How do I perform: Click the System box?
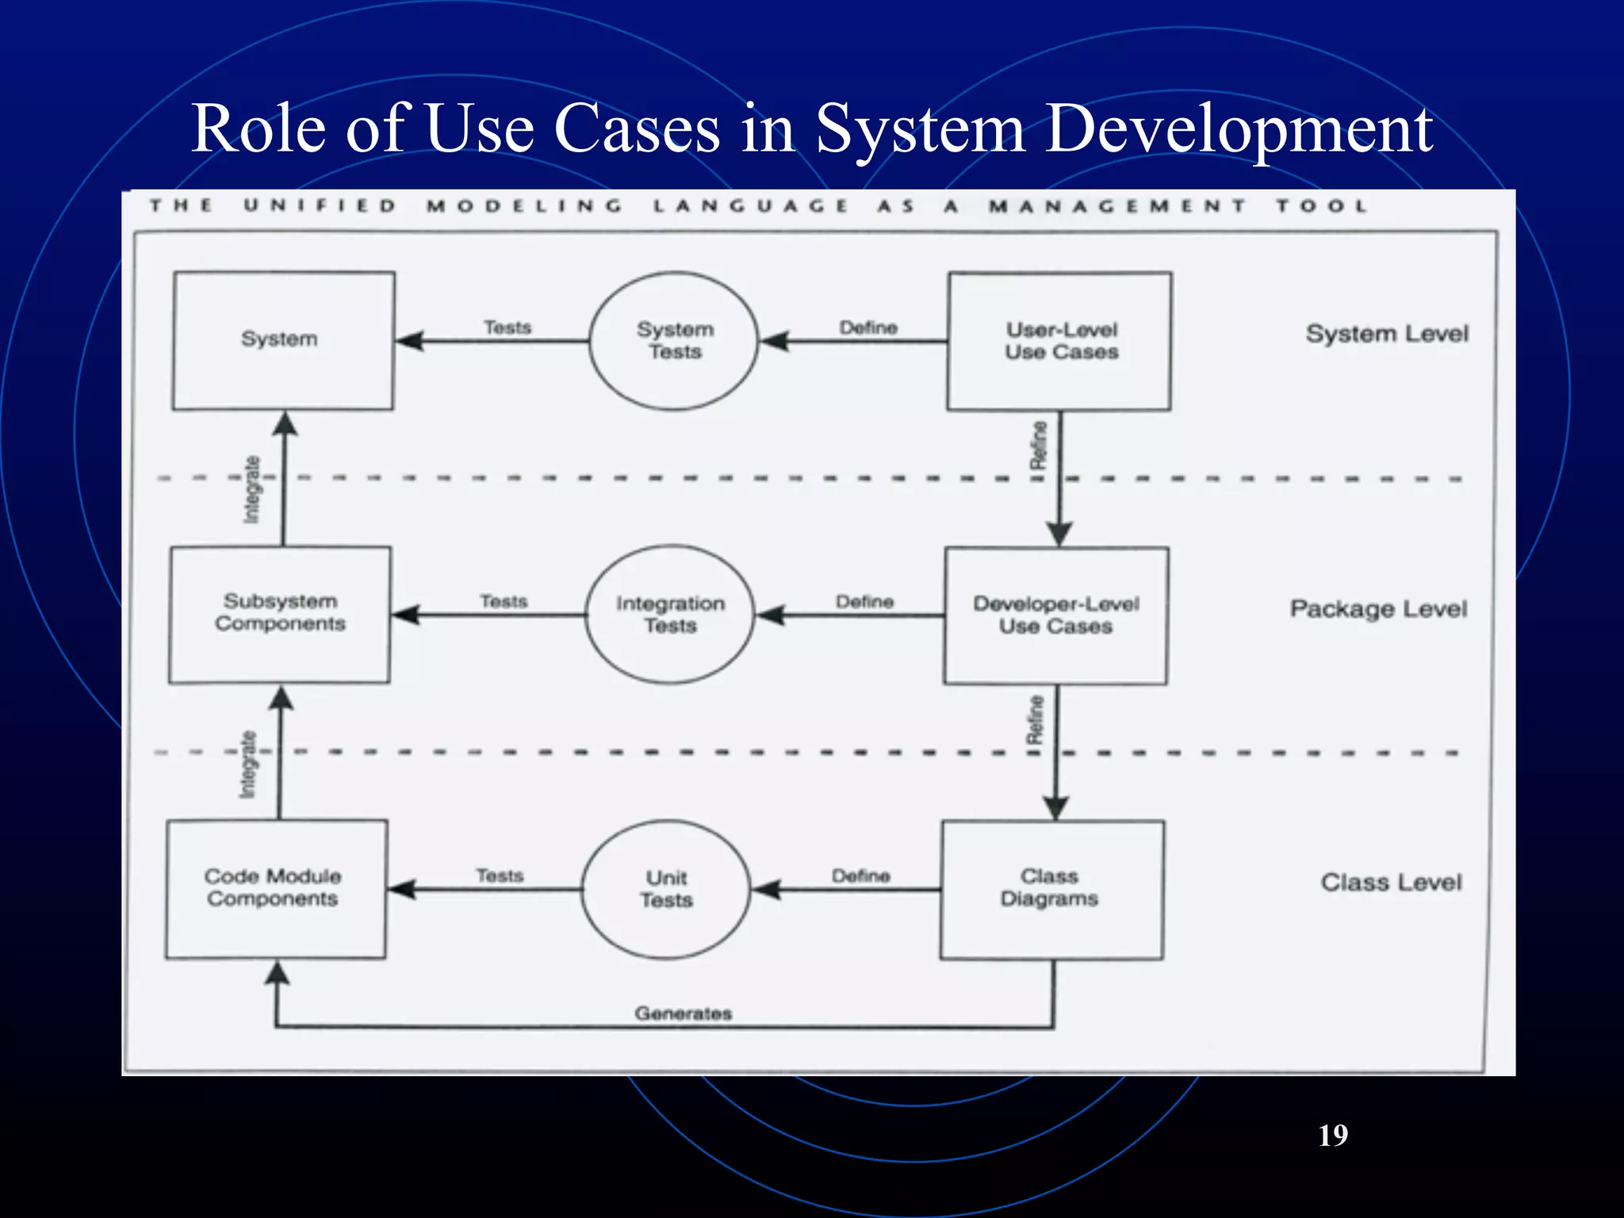282,340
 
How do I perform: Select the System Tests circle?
674,341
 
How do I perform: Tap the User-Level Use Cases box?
1060,341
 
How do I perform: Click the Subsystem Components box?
280,613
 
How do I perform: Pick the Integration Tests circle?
670,615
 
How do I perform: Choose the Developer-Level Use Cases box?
1055,615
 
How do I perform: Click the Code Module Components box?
275,888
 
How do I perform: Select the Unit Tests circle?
666,889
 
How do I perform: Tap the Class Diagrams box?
1051,889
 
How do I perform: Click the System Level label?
1387,334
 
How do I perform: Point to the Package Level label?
1378,609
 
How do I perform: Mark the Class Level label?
1391,883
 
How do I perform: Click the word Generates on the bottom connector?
683,1013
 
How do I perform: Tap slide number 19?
1333,1136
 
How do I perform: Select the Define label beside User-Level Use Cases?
868,327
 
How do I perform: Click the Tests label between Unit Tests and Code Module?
500,875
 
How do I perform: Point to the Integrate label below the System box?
251,489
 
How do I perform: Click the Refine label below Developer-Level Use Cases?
1035,719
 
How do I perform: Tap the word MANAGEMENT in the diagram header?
1116,206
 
